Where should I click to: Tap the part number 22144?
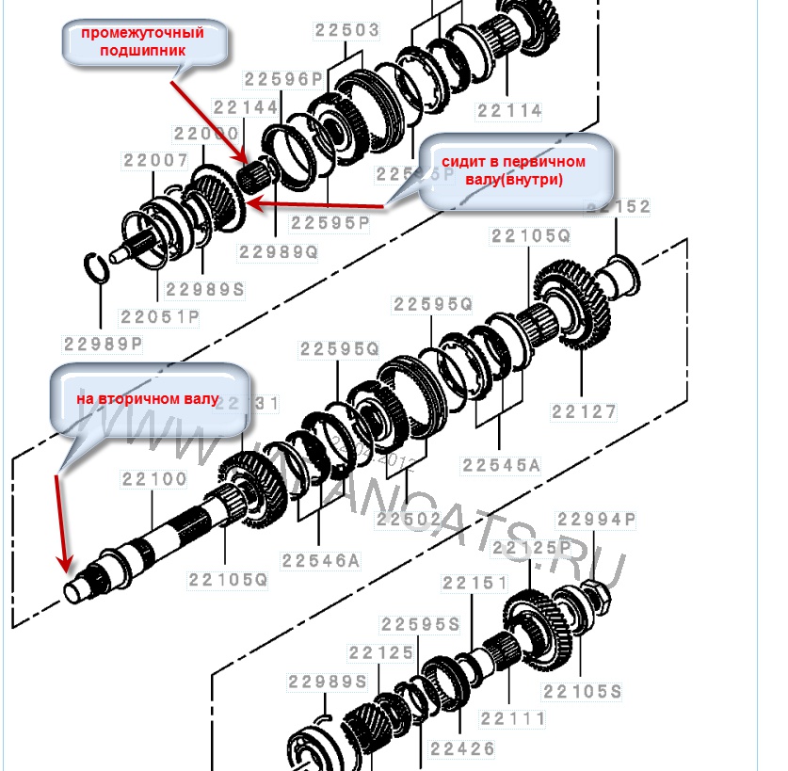pos(246,108)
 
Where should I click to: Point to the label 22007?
pos(155,161)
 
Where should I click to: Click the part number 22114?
pos(509,111)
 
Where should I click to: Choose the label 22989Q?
pos(278,252)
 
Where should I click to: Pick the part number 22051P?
pos(160,318)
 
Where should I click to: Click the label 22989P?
pos(103,345)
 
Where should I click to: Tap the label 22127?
pos(584,411)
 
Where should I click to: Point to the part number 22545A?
pos(501,465)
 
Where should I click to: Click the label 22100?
pos(153,479)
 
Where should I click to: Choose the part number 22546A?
pos(321,561)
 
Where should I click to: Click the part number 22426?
pos(462,750)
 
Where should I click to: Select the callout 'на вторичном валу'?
pos(148,399)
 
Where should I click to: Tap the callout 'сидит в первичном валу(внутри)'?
pos(513,170)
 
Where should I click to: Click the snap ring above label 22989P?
pos(98,266)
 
